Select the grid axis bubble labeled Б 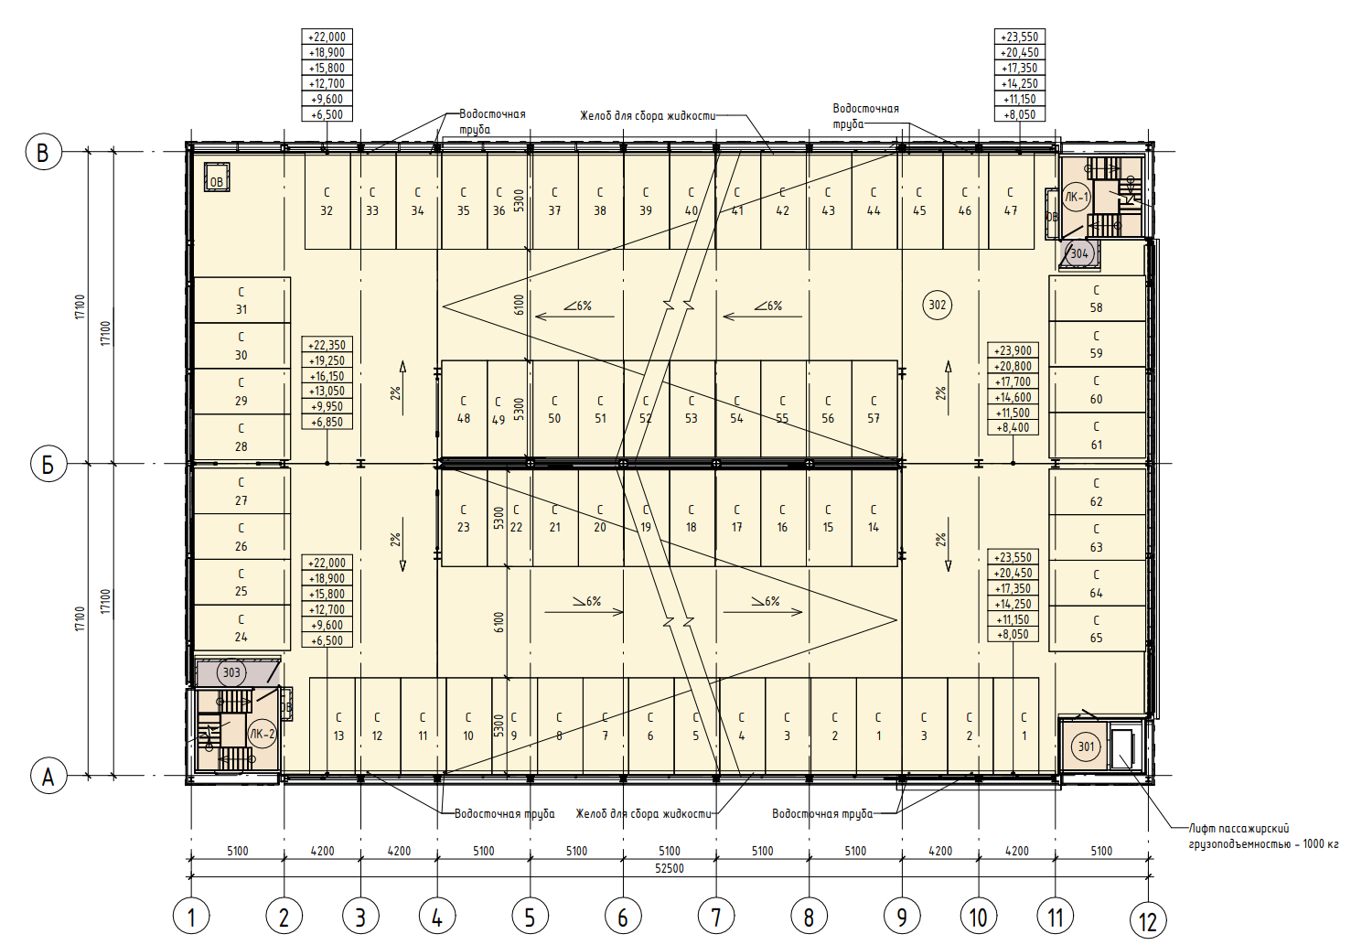click(48, 465)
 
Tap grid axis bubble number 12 click(1147, 921)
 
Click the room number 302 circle click(937, 305)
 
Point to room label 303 click(231, 672)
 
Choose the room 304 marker click(1078, 253)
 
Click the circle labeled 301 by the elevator click(1086, 746)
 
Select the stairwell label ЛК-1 click(1077, 198)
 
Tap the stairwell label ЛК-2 click(262, 735)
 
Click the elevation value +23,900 click(1013, 351)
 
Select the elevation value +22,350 click(327, 346)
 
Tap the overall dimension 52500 click(669, 868)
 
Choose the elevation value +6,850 click(327, 422)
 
